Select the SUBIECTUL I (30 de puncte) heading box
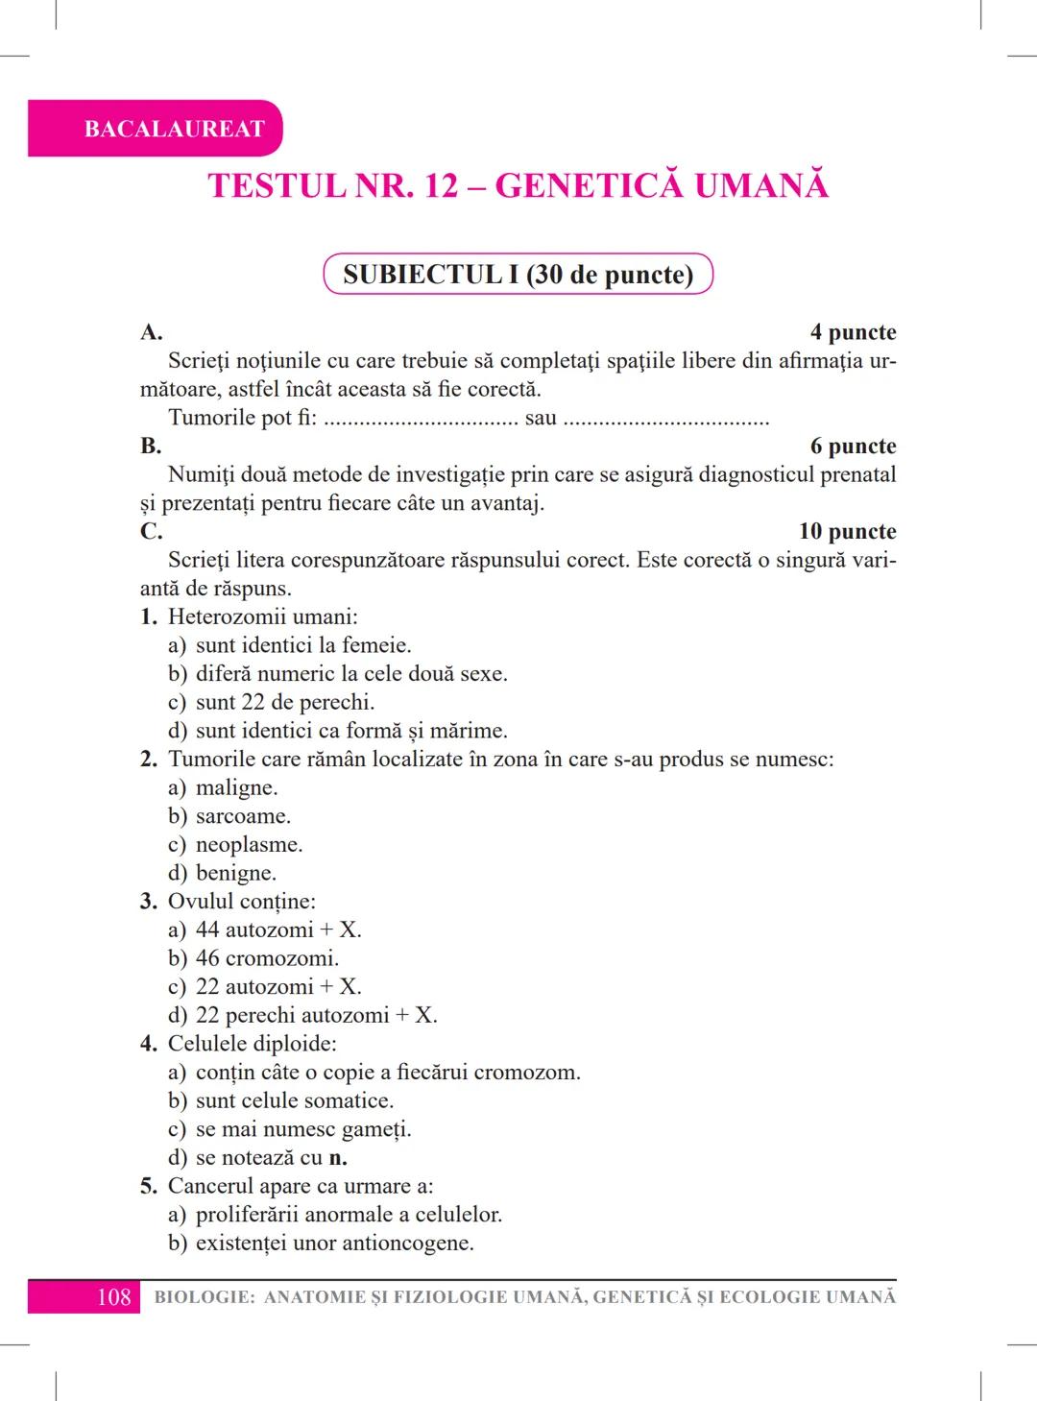tap(518, 275)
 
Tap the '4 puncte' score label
tap(853, 332)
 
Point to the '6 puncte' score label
tap(853, 446)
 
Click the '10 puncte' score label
tap(847, 531)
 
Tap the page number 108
tap(113, 1297)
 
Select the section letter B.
tap(151, 446)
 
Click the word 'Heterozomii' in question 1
tap(223, 616)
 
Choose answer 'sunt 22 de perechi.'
tap(284, 702)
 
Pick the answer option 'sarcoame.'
tap(243, 816)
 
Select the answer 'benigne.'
tap(235, 873)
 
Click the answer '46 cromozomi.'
tap(267, 958)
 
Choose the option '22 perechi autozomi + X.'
tap(316, 1015)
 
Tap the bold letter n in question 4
tap(337, 1158)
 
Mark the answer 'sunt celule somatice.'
tap(294, 1100)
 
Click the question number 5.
tap(148, 1186)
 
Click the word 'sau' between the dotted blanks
tap(541, 418)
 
